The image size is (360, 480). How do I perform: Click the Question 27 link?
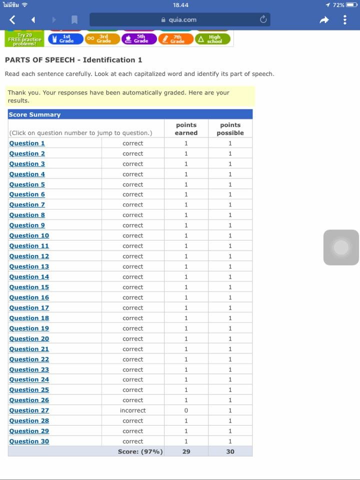pyautogui.click(x=29, y=410)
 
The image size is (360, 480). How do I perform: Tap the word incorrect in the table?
pyautogui.click(x=133, y=410)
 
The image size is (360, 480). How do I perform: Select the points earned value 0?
pyautogui.click(x=186, y=410)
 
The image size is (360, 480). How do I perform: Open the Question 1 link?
pyautogui.click(x=27, y=143)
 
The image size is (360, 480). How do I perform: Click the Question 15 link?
pyautogui.click(x=29, y=287)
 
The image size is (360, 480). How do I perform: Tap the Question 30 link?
pyautogui.click(x=29, y=441)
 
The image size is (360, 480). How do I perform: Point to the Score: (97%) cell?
pyautogui.click(x=140, y=451)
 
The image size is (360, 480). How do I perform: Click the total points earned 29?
pyautogui.click(x=186, y=451)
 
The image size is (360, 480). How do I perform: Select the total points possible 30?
pyautogui.click(x=230, y=451)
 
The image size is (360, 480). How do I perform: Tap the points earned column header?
pyautogui.click(x=186, y=129)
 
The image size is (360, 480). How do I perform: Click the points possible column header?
pyautogui.click(x=230, y=129)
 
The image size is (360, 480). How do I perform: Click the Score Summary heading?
pyautogui.click(x=34, y=114)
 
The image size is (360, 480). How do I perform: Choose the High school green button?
pyautogui.click(x=212, y=39)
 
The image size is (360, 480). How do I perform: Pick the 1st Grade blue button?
pyautogui.click(x=65, y=39)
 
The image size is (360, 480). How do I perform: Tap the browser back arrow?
pyautogui.click(x=12, y=20)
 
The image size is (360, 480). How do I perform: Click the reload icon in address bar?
pyautogui.click(x=263, y=20)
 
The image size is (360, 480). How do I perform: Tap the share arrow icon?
pyautogui.click(x=324, y=20)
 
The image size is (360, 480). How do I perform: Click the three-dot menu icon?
pyautogui.click(x=345, y=20)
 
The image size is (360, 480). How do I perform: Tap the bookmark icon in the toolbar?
pyautogui.click(x=74, y=20)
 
